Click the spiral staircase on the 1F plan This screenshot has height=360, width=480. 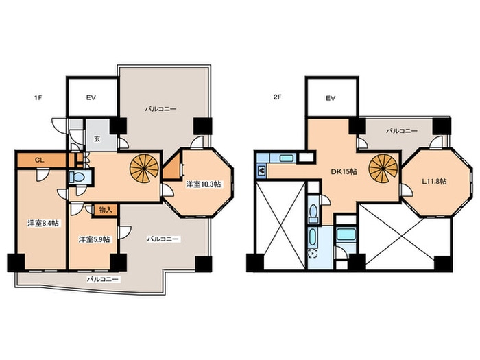click(x=144, y=169)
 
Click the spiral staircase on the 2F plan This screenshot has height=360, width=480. click(x=383, y=169)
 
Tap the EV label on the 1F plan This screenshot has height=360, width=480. click(x=91, y=97)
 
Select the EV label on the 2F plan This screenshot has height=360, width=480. click(x=331, y=98)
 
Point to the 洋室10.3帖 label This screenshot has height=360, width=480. click(x=204, y=184)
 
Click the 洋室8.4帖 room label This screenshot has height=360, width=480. click(x=43, y=224)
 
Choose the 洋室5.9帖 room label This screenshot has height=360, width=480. click(x=95, y=239)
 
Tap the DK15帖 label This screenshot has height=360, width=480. click(x=344, y=171)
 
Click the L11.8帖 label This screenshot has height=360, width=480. click(x=434, y=182)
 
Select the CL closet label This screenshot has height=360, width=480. click(x=39, y=160)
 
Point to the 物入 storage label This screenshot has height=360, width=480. click(x=105, y=210)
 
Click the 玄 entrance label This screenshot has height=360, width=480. click(x=97, y=139)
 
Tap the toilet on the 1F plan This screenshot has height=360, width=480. click(x=78, y=177)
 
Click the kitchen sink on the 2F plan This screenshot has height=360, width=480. click(x=287, y=158)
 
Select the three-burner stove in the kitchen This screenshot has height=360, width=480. click(x=262, y=170)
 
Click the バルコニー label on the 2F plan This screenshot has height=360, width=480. click(x=401, y=131)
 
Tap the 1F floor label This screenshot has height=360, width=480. click(x=38, y=99)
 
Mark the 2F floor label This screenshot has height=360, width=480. click(x=277, y=98)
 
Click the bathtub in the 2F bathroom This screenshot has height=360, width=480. click(x=346, y=235)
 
